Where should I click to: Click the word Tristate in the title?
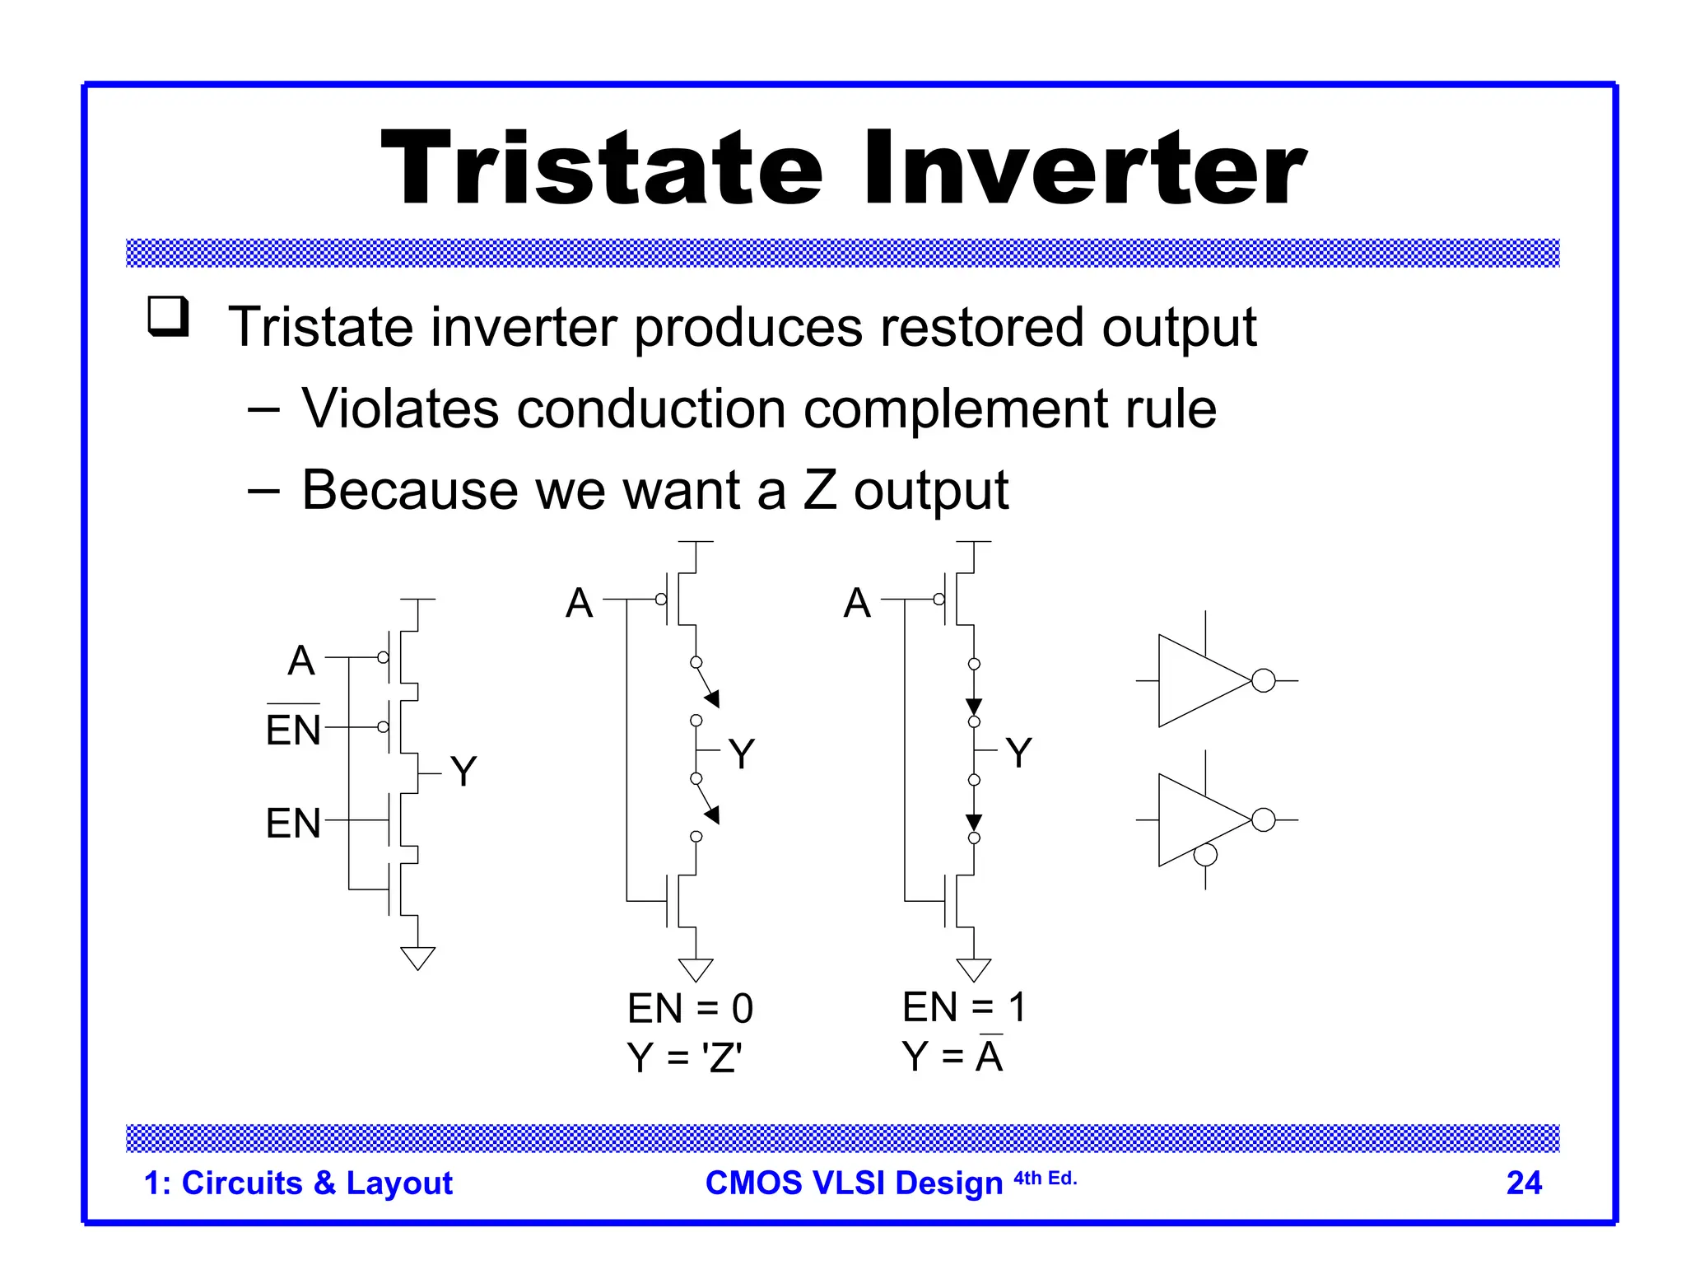click(x=601, y=169)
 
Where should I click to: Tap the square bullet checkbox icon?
click(x=168, y=317)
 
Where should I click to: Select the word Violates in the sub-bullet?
click(x=400, y=408)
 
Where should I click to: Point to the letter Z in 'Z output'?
click(x=820, y=489)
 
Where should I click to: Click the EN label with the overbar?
click(x=293, y=728)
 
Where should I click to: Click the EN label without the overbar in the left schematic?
click(x=293, y=823)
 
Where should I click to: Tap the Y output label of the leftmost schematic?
click(x=463, y=772)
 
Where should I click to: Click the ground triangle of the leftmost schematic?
click(x=417, y=957)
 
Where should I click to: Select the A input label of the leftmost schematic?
click(x=301, y=661)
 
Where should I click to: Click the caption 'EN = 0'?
click(x=690, y=1008)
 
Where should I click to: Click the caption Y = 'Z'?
click(x=684, y=1057)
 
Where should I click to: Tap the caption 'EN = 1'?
click(x=964, y=1006)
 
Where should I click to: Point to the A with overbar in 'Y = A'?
click(x=990, y=1056)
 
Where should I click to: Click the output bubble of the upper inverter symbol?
click(x=1263, y=681)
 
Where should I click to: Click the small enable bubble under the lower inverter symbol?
click(x=1205, y=856)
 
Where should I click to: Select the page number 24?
click(x=1524, y=1183)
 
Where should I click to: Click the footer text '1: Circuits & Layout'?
click(x=298, y=1183)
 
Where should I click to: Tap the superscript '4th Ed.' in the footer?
click(x=1045, y=1178)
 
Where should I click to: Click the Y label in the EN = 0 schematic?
click(x=742, y=754)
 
